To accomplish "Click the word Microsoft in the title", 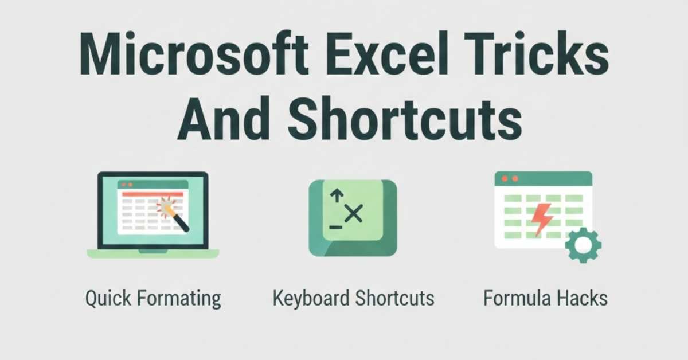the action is coord(194,53).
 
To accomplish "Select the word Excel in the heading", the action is coord(387,53).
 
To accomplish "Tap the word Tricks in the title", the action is coord(537,53).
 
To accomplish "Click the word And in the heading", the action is coord(224,119).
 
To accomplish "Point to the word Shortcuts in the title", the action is coord(405,119).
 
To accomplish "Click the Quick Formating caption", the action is coord(153,299).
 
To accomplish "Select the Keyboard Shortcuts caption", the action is coord(354,298).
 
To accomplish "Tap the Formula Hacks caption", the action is coord(545,298).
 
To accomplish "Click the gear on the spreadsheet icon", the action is coord(583,245).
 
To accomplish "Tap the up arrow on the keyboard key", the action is coord(337,195).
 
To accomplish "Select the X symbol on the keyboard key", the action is coord(354,213).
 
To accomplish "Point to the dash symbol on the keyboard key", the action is coord(336,228).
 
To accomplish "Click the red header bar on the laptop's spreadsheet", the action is coord(153,194).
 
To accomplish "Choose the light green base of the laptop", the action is coord(153,254).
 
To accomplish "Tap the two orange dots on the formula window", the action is coord(510,179).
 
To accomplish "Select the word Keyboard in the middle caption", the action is coord(311,298).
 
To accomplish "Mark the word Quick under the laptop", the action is coord(108,298).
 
